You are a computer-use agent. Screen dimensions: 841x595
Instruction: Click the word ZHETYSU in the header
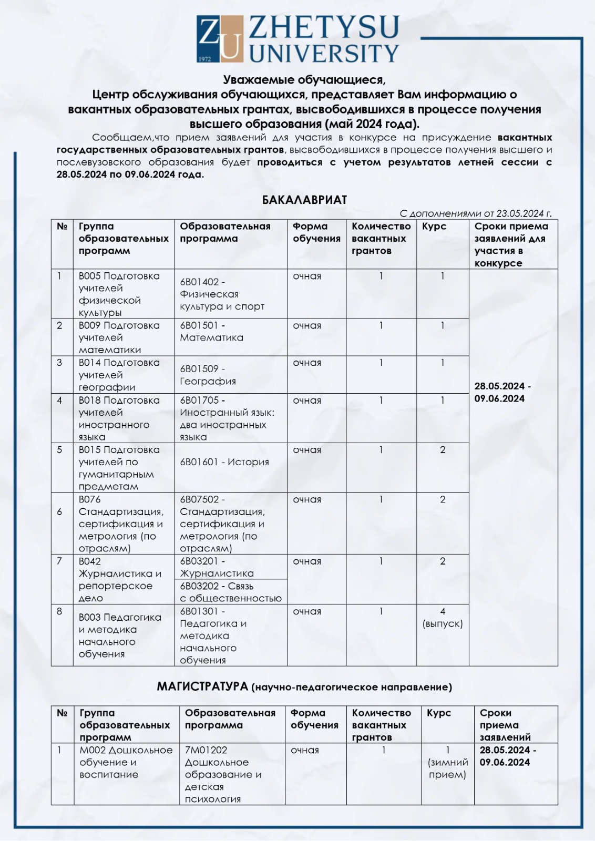324,27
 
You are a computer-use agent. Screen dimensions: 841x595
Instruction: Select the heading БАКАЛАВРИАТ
304,200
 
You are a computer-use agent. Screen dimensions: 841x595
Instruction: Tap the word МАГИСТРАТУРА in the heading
202,686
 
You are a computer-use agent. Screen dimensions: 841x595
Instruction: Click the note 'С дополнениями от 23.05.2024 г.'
475,213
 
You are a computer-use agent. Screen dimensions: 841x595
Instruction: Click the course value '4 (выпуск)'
443,618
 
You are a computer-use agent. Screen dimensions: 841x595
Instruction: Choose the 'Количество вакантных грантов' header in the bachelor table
381,239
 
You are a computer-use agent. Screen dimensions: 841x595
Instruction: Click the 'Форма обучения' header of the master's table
314,719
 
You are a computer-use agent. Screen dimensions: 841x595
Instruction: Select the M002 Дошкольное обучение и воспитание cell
126,762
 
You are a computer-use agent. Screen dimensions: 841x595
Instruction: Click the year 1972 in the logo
205,58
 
